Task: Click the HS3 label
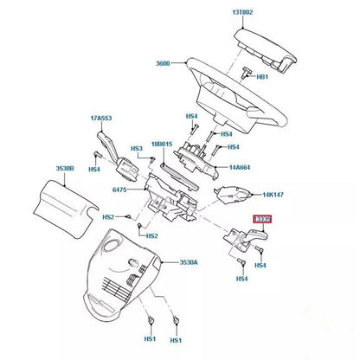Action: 137,148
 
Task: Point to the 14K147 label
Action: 274,196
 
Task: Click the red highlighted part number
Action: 263,222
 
